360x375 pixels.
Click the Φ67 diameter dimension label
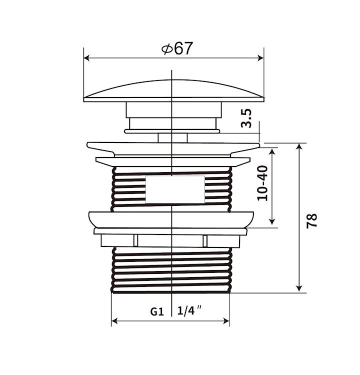[177, 48]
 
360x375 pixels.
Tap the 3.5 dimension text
[246, 118]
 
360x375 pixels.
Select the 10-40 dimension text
[262, 183]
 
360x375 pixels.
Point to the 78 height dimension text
[312, 221]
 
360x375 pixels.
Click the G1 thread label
[157, 311]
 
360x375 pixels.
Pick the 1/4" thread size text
[189, 310]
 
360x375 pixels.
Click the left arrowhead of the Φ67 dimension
[87, 58]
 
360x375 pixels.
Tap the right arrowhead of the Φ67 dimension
[260, 58]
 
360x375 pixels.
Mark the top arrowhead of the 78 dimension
[299, 146]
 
